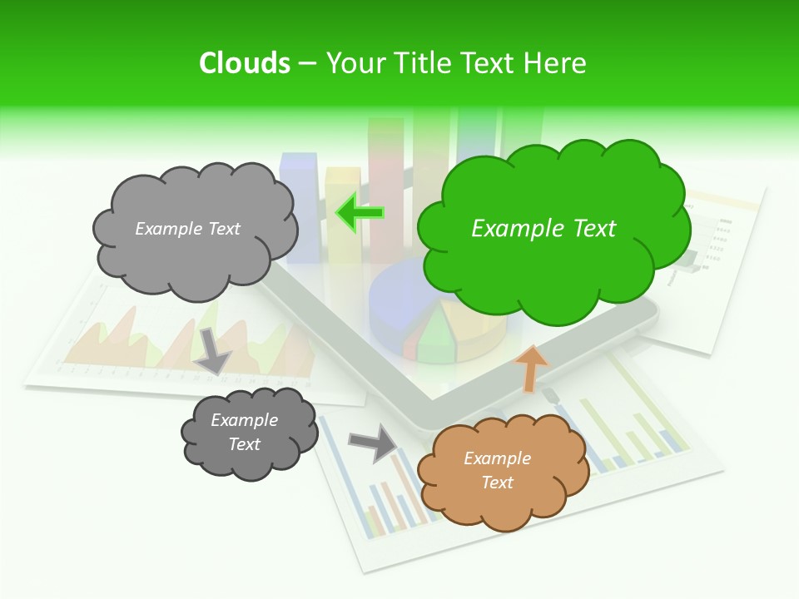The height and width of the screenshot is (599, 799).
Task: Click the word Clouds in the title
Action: pyautogui.click(x=245, y=63)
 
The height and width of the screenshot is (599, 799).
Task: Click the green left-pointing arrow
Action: pyautogui.click(x=359, y=213)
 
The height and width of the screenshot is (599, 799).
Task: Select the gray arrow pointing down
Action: pyautogui.click(x=213, y=350)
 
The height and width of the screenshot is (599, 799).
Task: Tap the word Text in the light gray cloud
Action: pyautogui.click(x=223, y=229)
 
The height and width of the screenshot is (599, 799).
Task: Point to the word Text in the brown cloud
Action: pyautogui.click(x=497, y=483)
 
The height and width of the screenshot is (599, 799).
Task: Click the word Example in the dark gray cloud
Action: pyautogui.click(x=244, y=420)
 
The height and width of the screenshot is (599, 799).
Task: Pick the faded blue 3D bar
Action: pyautogui.click(x=300, y=208)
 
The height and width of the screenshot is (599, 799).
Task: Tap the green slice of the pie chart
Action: pyautogui.click(x=434, y=337)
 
